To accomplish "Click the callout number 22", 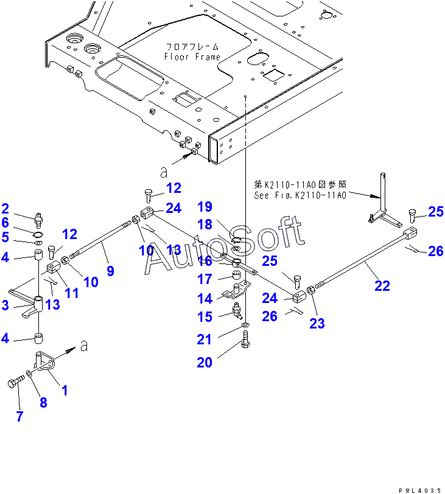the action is tap(382, 286).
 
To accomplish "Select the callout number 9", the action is tap(110, 271).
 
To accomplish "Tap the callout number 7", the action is tap(19, 416).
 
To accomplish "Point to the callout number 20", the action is tap(205, 363).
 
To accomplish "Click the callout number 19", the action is tap(205, 207).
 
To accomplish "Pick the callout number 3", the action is tap(5, 305).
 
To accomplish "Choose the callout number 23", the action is tap(317, 323).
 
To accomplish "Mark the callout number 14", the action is tap(205, 298).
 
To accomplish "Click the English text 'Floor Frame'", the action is tap(192, 57).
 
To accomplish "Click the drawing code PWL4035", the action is tap(420, 490).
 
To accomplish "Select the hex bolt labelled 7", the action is tap(16, 381).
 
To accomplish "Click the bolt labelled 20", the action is tap(246, 339).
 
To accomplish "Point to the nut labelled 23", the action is tap(310, 289).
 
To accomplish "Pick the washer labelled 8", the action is tap(29, 374).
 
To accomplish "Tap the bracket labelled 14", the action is tap(236, 291).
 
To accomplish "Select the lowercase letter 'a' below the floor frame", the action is tap(164, 172).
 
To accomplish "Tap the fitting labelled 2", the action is tap(39, 220).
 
